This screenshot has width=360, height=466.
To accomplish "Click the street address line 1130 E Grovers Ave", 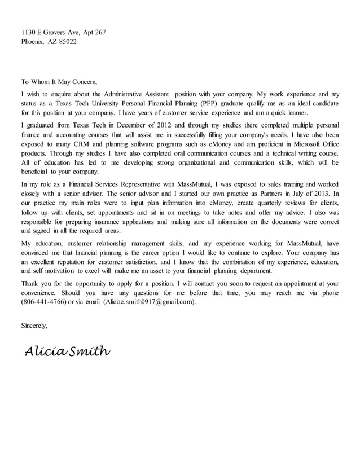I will tap(63, 32).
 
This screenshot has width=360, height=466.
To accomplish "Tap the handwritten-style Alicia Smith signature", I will tap(67, 351).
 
